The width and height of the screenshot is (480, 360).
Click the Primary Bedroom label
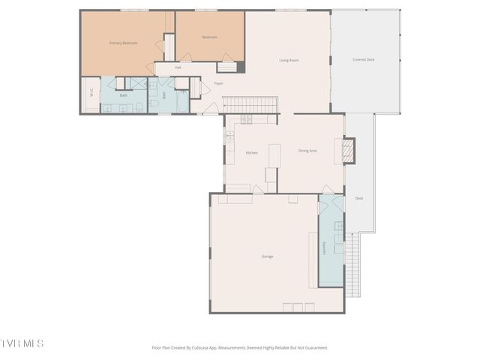[x=124, y=43]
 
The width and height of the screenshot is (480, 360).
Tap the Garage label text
[x=267, y=256]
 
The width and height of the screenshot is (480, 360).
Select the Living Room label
[x=289, y=60]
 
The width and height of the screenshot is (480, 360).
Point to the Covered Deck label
[x=364, y=60]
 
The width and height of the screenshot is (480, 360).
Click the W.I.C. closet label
[x=91, y=93]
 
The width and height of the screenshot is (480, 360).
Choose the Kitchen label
[x=252, y=152]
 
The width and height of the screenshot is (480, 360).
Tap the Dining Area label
[x=307, y=151]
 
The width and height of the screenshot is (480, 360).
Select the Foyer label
[x=219, y=83]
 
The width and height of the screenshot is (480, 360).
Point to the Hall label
[x=178, y=68]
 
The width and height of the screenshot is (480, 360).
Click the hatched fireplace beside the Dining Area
[x=346, y=151]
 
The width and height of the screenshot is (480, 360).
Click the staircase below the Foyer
[x=251, y=104]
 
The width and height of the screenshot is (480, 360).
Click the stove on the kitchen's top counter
[x=247, y=118]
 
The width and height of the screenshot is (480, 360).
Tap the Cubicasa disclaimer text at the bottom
[x=240, y=347]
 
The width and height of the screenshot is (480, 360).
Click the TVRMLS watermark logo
[x=22, y=343]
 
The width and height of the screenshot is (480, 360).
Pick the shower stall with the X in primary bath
[x=138, y=83]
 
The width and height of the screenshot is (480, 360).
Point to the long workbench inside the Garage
[x=313, y=258]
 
